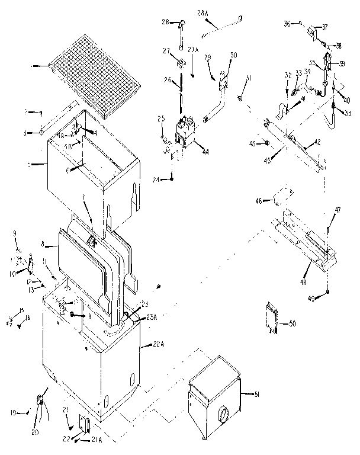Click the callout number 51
tap(256, 393)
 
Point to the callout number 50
tap(292, 323)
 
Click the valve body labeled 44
tap(188, 131)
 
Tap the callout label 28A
tap(203, 12)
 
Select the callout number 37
tap(325, 27)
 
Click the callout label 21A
tap(95, 440)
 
